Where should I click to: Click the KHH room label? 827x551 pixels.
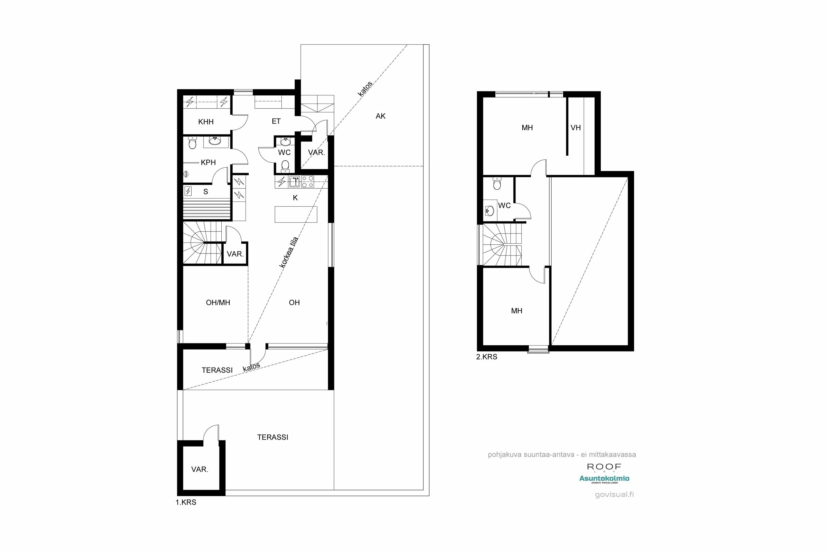pyautogui.click(x=206, y=122)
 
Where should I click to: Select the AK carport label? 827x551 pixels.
pyautogui.click(x=380, y=116)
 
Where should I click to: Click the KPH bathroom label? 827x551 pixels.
pyautogui.click(x=208, y=162)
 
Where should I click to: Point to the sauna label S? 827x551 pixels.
pyautogui.click(x=206, y=192)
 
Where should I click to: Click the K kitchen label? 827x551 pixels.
pyautogui.click(x=295, y=198)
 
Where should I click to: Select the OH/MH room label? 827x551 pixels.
pyautogui.click(x=218, y=302)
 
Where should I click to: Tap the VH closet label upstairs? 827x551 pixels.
pyautogui.click(x=576, y=128)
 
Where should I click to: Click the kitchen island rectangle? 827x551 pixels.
pyautogui.click(x=296, y=214)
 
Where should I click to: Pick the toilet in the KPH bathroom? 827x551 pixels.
pyautogui.click(x=192, y=143)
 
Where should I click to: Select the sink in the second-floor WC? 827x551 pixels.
pyautogui.click(x=489, y=211)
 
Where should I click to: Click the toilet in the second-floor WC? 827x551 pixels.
pyautogui.click(x=497, y=183)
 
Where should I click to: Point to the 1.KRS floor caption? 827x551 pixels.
pyautogui.click(x=186, y=503)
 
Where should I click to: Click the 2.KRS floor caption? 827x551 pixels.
pyautogui.click(x=487, y=357)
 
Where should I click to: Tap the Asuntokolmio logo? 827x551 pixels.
pyautogui.click(x=604, y=479)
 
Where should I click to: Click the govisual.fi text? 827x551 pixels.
pyautogui.click(x=614, y=495)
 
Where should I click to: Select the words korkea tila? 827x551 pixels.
pyautogui.click(x=289, y=252)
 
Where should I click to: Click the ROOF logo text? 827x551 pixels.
pyautogui.click(x=604, y=467)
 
